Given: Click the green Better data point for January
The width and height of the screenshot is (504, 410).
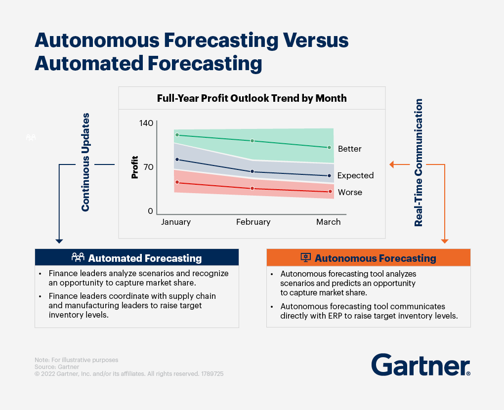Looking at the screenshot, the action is (177, 135).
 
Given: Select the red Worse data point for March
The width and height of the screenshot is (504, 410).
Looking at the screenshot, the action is (330, 192).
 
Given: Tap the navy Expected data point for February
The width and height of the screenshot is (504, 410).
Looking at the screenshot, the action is (252, 171).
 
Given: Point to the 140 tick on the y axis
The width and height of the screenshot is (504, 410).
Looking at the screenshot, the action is (146, 123).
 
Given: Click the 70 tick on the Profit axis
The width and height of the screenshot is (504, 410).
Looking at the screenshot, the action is (149, 167).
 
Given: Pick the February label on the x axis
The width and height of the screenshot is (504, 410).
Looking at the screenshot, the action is (253, 222).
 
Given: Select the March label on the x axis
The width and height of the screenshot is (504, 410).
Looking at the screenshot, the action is (328, 222).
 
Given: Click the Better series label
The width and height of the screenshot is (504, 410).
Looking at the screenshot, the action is (350, 149).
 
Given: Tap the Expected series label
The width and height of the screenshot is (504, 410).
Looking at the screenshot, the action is (355, 175).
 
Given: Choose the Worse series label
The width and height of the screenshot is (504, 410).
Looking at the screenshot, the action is (350, 192).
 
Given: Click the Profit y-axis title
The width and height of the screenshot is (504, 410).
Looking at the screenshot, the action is (135, 167).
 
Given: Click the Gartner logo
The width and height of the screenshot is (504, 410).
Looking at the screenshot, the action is (421, 365).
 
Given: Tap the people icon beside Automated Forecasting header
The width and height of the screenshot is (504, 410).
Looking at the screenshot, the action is (78, 257).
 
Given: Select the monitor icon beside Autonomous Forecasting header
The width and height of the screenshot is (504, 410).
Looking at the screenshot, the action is (306, 257).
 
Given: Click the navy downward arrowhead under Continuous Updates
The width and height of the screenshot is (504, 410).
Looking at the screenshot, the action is (59, 241).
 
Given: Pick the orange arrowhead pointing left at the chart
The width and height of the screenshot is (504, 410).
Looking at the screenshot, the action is (391, 164).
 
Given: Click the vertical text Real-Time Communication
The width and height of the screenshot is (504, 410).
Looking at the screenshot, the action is (418, 163).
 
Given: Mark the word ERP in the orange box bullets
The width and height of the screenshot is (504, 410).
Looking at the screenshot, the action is (335, 316).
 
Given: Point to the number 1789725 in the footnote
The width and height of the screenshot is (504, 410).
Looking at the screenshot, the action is (212, 373).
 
